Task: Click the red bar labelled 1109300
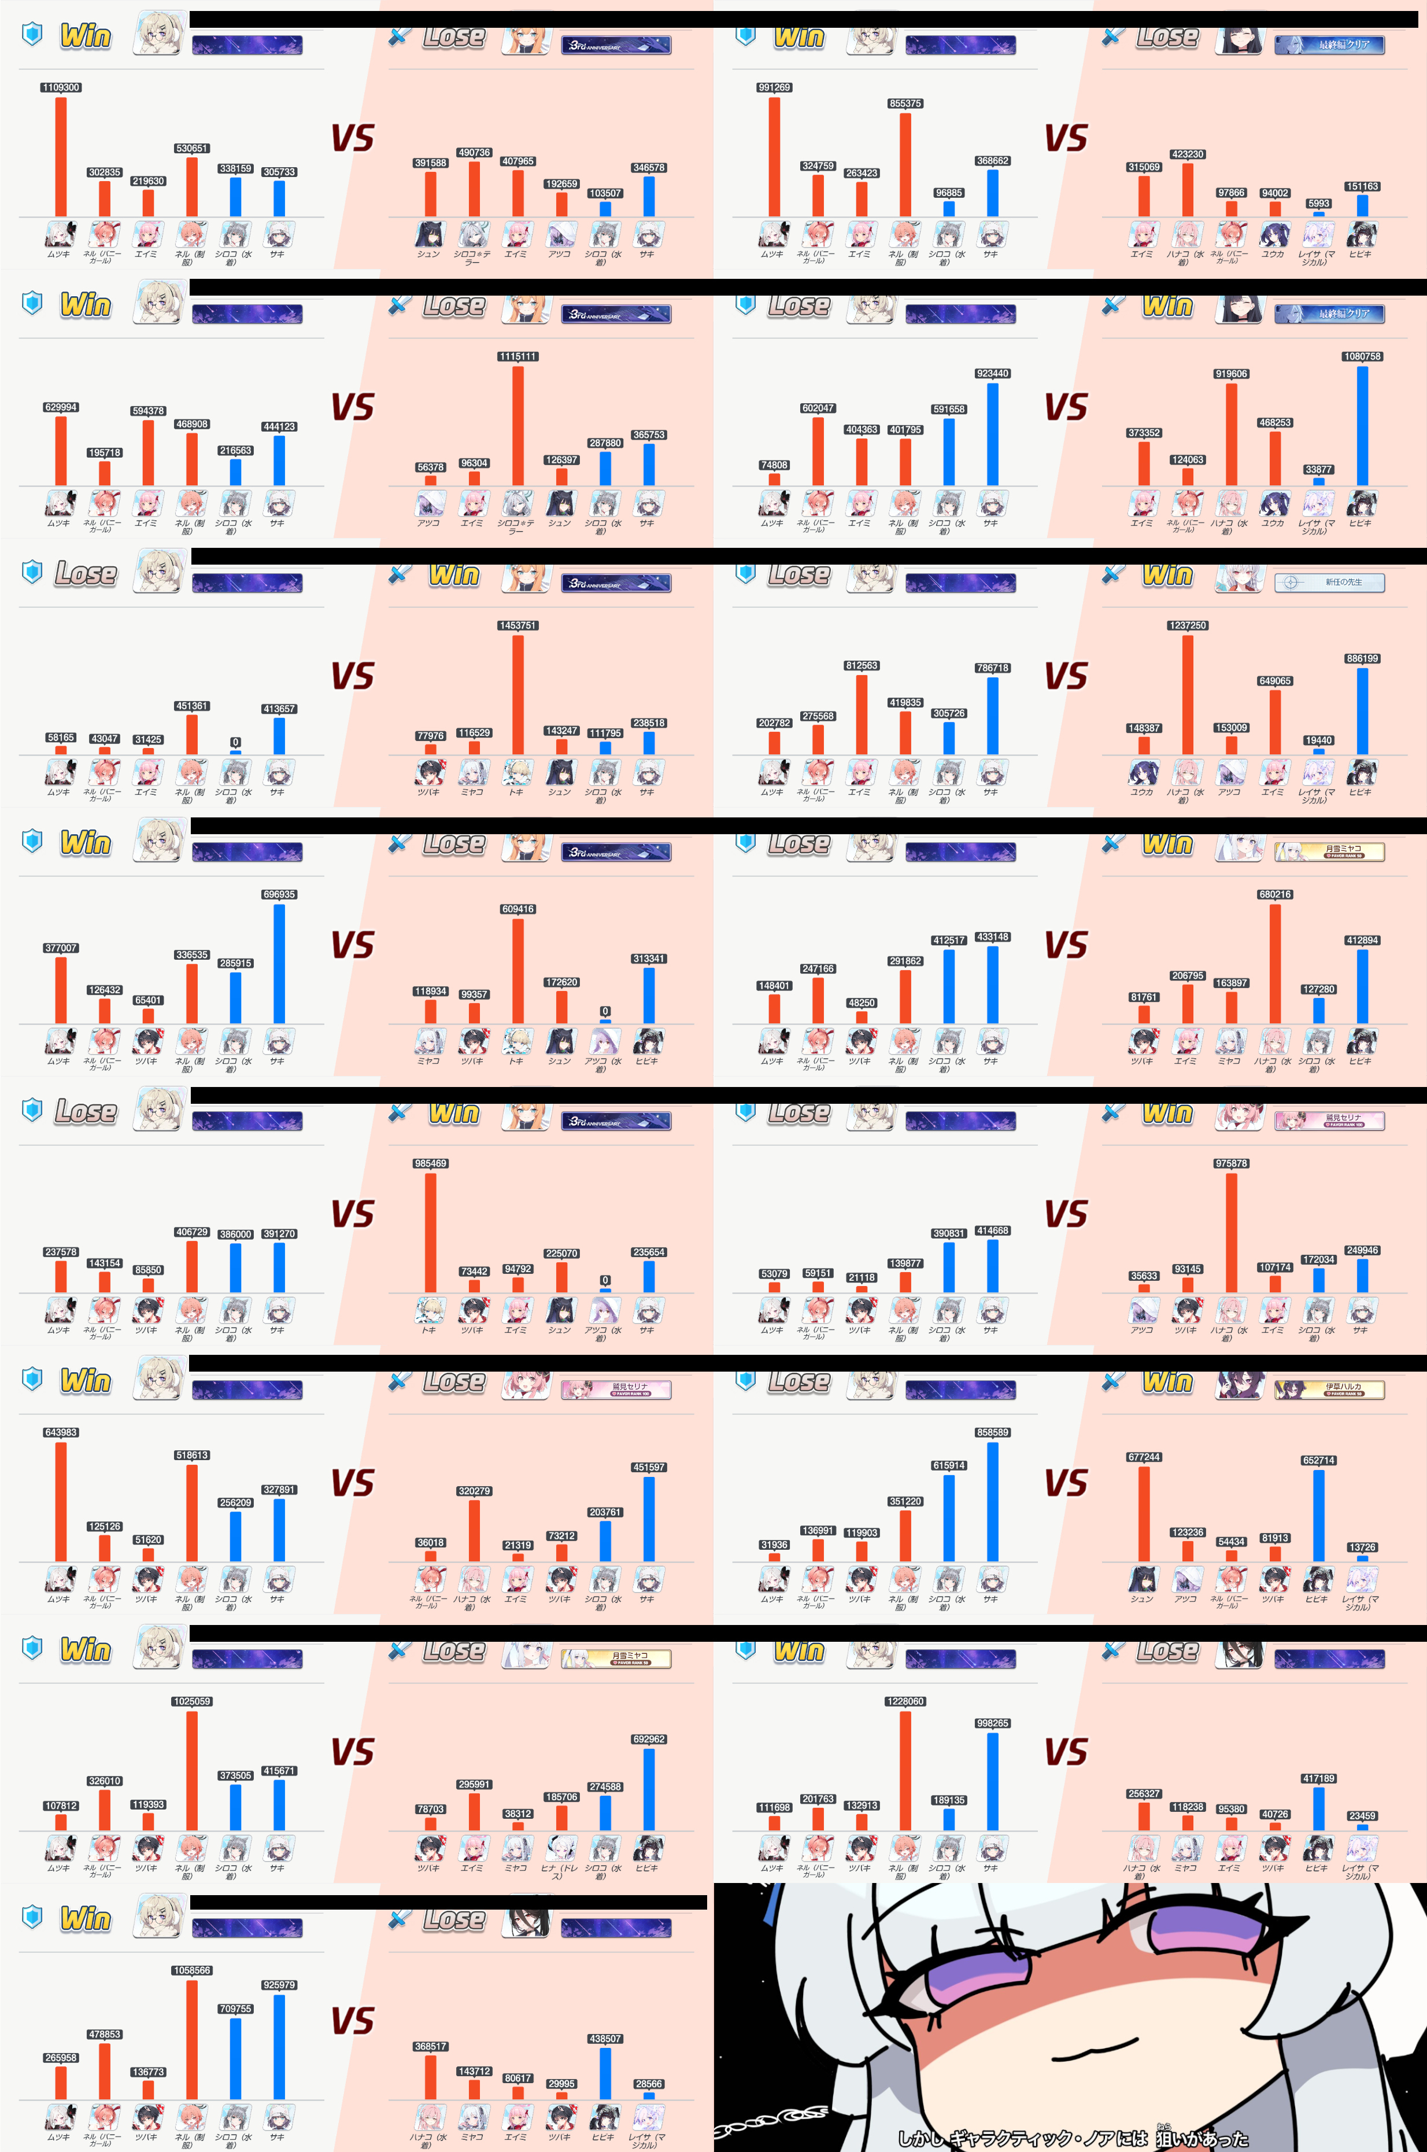coord(61,157)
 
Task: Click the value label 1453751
coord(517,625)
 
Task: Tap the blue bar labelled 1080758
coord(1362,425)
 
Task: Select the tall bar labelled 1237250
coord(1188,695)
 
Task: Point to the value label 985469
coord(430,1163)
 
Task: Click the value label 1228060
coord(905,1701)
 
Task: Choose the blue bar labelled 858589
coord(992,1501)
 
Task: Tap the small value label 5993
coord(1319,204)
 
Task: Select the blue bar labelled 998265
coord(992,1782)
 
